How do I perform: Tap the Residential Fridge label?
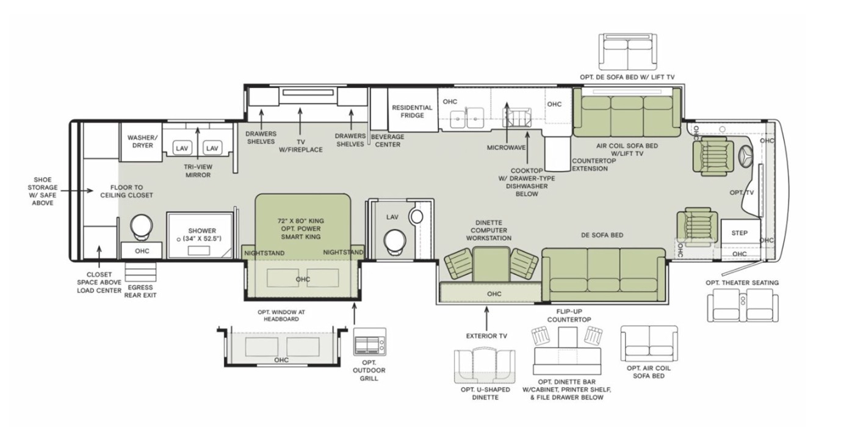pos(412,112)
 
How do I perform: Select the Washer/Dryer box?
pos(141,142)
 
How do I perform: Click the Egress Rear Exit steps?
pos(141,272)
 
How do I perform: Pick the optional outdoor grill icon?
pos(370,342)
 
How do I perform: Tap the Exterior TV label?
pos(486,336)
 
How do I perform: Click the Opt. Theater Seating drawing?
pos(743,307)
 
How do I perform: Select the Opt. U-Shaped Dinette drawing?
pos(485,366)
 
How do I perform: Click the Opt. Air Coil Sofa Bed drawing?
pos(649,344)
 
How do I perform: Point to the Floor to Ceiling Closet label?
pos(126,191)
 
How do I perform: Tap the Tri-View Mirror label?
pos(198,170)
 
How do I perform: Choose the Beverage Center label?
pos(388,141)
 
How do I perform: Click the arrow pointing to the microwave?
pos(507,122)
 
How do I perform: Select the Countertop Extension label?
pos(594,164)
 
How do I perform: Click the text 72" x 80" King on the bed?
pos(301,221)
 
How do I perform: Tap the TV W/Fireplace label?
pos(301,145)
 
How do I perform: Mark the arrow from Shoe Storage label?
pos(77,191)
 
